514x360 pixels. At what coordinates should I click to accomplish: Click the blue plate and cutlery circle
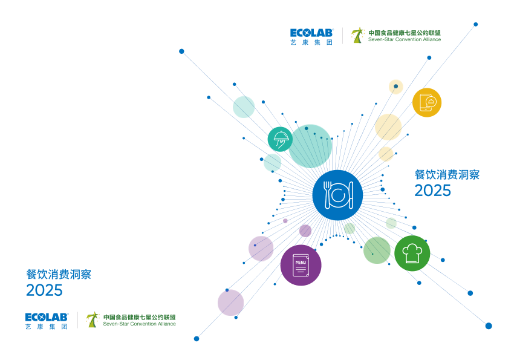click(x=337, y=195)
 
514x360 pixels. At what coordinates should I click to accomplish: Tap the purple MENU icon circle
click(x=301, y=265)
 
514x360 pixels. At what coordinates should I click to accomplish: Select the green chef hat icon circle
click(x=412, y=253)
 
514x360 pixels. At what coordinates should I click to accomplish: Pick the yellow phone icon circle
click(x=427, y=102)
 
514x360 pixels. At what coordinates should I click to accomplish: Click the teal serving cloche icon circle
click(x=280, y=139)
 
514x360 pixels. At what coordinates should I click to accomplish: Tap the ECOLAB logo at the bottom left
click(x=47, y=316)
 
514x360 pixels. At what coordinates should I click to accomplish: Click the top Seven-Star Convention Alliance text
click(x=405, y=40)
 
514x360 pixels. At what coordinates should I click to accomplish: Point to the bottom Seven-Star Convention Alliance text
click(x=139, y=324)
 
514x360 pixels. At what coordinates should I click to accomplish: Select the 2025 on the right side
click(x=432, y=190)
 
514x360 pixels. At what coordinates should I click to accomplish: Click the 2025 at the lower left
click(x=44, y=290)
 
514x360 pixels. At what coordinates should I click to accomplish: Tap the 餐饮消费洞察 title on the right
click(x=447, y=175)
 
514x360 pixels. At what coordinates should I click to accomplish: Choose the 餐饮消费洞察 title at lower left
click(x=59, y=275)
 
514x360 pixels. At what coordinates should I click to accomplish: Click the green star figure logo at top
click(x=358, y=35)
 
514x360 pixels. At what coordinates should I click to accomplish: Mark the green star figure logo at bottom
click(x=93, y=319)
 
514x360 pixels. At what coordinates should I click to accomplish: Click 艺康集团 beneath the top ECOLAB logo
click(x=311, y=42)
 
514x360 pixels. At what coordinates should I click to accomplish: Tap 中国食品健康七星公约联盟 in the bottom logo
click(x=139, y=316)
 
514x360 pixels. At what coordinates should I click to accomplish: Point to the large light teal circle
click(x=310, y=146)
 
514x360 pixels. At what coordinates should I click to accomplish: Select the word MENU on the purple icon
click(x=301, y=262)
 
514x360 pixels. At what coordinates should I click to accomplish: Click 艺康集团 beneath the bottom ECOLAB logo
click(x=47, y=326)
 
